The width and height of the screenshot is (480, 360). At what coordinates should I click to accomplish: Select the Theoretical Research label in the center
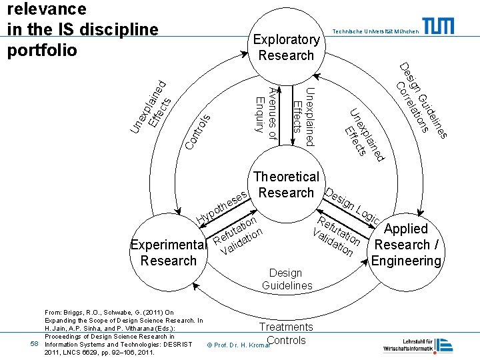(286, 185)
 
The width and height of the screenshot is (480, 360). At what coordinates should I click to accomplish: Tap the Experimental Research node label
(169, 252)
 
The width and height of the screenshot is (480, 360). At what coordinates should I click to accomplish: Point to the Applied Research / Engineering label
(406, 244)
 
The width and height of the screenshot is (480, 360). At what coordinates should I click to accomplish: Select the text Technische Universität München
(375, 31)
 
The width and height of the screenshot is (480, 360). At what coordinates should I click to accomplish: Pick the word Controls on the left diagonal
(198, 131)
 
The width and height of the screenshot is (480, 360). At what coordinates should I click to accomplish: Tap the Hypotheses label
(223, 206)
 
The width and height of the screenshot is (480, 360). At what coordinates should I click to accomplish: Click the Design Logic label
(353, 205)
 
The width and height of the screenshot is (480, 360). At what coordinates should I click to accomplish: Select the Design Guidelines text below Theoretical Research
(287, 279)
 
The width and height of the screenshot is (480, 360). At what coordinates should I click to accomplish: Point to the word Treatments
(285, 327)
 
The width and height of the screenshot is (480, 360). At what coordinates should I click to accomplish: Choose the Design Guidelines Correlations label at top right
(421, 101)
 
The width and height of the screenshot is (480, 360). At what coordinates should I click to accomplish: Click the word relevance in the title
(46, 9)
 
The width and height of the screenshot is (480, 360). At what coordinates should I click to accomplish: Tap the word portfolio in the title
(42, 50)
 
